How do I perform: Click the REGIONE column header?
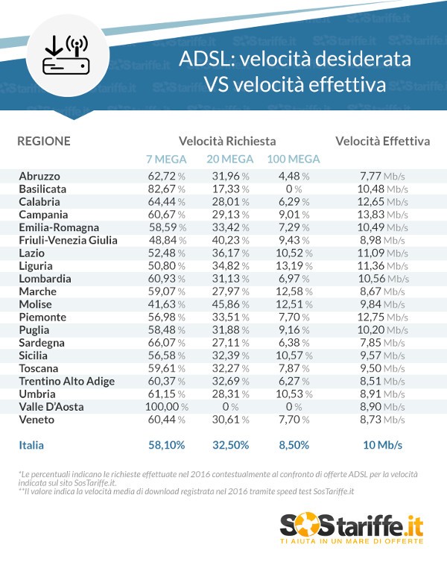44,141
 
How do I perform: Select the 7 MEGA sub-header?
167,159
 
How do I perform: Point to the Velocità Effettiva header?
382,141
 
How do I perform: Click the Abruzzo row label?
39,176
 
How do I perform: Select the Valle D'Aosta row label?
51,407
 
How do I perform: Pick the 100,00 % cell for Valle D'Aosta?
166,407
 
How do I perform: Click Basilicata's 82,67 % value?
166,189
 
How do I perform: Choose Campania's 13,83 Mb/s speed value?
381,215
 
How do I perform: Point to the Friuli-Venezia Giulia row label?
69,240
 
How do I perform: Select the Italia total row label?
31,445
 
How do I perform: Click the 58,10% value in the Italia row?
167,445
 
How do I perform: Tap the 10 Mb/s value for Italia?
382,445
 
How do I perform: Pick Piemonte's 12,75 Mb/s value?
381,318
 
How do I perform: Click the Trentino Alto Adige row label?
66,382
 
